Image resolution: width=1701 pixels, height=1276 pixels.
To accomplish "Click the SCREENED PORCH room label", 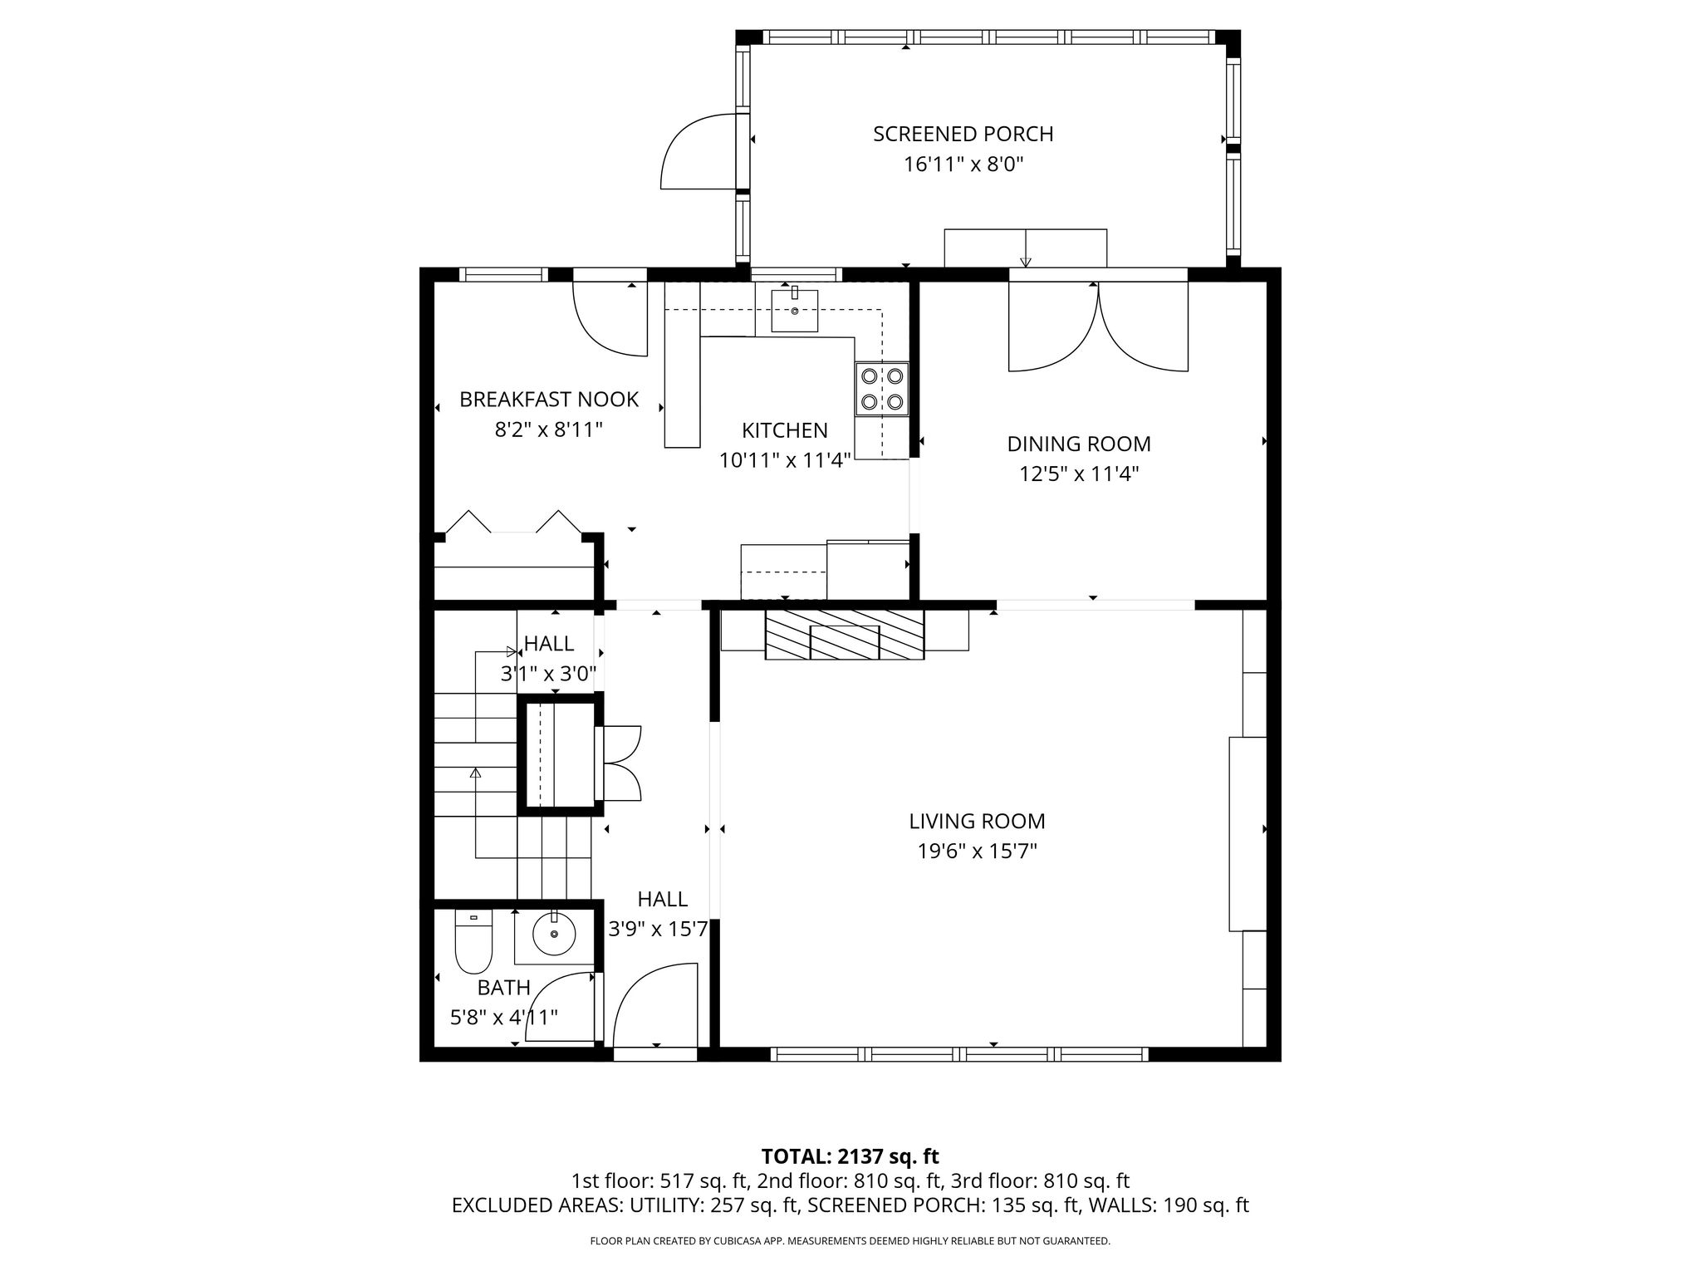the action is pyautogui.click(x=963, y=134).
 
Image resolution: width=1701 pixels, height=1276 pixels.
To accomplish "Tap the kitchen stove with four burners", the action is pyautogui.click(x=882, y=389).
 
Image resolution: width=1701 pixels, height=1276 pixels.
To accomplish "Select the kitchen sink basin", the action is pyautogui.click(x=795, y=311).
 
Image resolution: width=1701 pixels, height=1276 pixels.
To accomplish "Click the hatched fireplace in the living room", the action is pyautogui.click(x=845, y=635).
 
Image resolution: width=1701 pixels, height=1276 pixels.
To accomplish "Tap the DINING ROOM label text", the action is pyautogui.click(x=1079, y=444).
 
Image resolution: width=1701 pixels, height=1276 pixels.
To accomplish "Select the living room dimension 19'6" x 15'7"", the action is pyautogui.click(x=977, y=851).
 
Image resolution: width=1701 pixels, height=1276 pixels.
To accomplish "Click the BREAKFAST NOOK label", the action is pyautogui.click(x=549, y=400).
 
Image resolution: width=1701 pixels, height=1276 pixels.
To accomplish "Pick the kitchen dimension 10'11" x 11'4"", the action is pyautogui.click(x=785, y=460).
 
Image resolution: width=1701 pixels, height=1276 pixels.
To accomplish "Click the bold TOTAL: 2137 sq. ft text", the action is pyautogui.click(x=850, y=1156).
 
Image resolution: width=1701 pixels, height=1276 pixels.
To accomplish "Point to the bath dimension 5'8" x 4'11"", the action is pyautogui.click(x=504, y=1017).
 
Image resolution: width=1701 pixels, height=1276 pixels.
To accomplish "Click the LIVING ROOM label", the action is pyautogui.click(x=977, y=821).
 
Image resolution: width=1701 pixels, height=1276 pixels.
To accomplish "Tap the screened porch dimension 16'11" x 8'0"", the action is pyautogui.click(x=963, y=164).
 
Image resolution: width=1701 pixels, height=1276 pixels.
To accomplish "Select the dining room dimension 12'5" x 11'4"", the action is pyautogui.click(x=1079, y=474).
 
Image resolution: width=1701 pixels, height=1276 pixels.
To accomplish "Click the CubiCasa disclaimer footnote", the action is pyautogui.click(x=850, y=1241).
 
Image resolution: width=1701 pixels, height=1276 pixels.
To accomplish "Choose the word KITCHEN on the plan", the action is pyautogui.click(x=785, y=430).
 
